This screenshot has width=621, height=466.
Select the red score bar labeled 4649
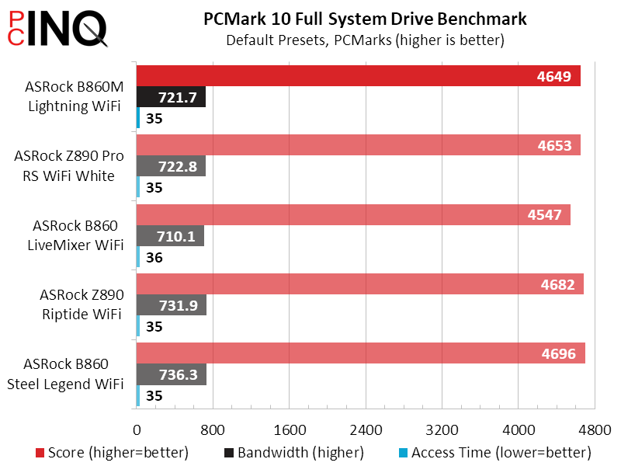point(358,76)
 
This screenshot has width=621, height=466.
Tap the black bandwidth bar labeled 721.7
point(171,97)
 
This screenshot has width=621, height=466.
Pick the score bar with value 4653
point(358,145)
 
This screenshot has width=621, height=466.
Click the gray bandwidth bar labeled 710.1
point(170,235)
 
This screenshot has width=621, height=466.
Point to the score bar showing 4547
point(353,214)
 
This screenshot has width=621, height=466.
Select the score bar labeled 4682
point(359,284)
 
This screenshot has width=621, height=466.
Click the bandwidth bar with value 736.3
point(171,374)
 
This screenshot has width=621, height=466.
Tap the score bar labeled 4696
point(360,353)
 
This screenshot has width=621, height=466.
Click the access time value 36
point(154,257)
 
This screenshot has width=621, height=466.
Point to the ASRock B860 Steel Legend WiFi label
point(74,374)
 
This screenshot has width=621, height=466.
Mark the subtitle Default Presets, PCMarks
point(364,40)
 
